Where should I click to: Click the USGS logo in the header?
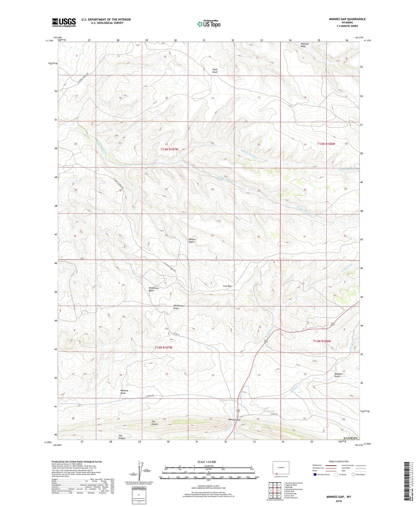click(64, 22)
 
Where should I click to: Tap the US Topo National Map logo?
click(209, 24)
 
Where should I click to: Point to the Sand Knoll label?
click(215, 71)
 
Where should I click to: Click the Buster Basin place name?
click(192, 240)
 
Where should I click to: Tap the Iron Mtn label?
click(227, 286)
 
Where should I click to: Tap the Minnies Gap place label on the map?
click(235, 420)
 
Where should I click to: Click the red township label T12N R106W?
click(326, 341)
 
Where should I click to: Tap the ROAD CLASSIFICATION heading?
click(339, 461)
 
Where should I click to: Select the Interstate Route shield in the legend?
click(315, 474)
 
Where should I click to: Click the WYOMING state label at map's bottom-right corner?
click(350, 438)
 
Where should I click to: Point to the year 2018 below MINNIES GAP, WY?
click(339, 501)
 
